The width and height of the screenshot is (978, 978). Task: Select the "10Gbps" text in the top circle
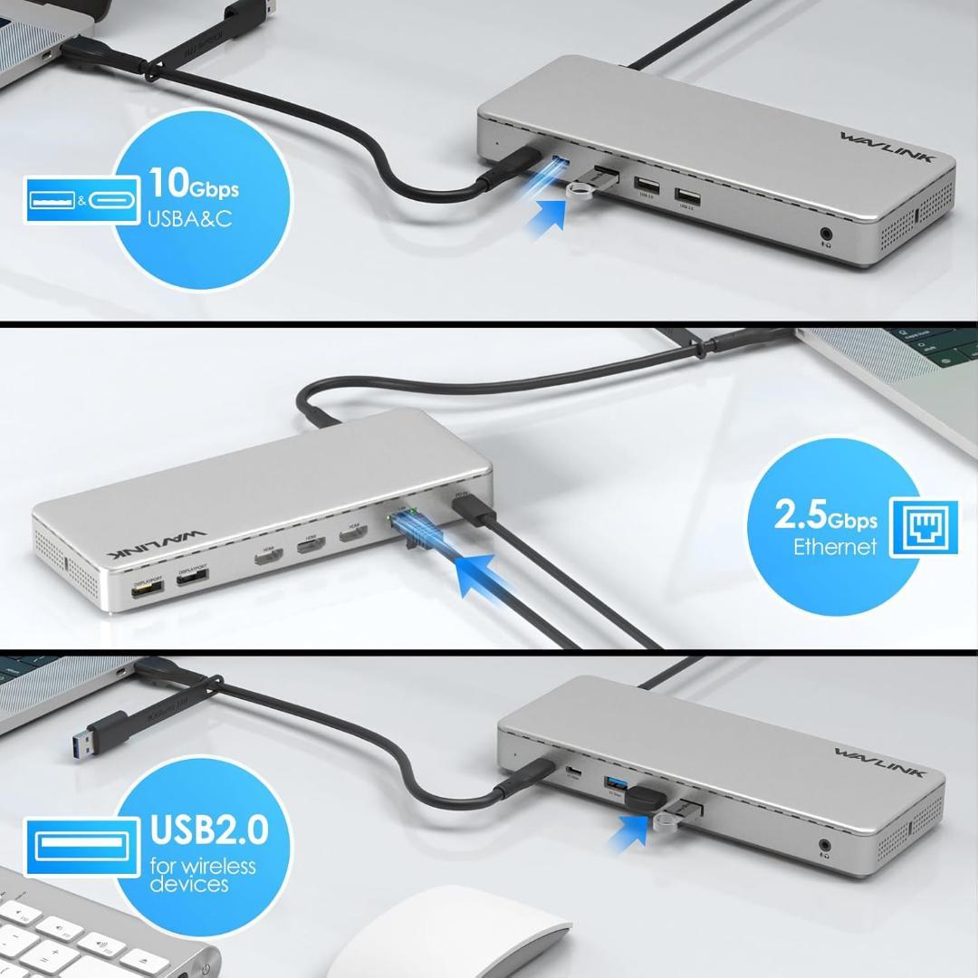(194, 185)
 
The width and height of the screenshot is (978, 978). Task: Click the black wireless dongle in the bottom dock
(646, 801)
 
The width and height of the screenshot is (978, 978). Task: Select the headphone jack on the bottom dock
(826, 847)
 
